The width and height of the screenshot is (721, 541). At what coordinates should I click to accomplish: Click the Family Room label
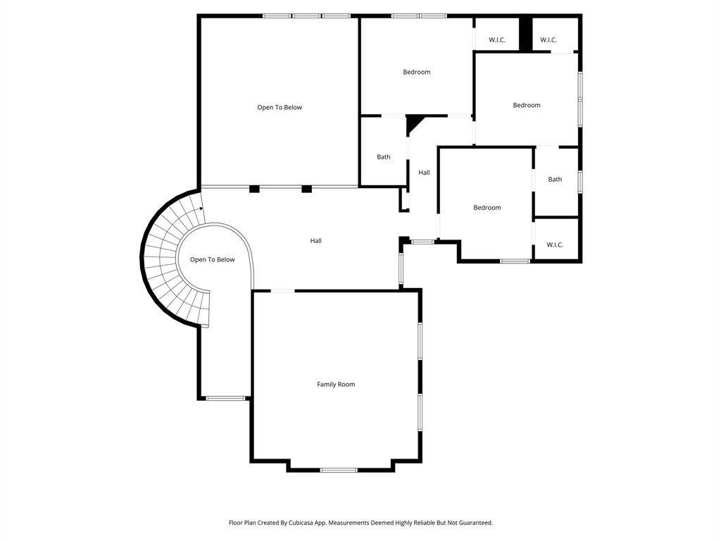tap(336, 384)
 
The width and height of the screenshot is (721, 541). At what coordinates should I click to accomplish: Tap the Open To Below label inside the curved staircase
tap(212, 259)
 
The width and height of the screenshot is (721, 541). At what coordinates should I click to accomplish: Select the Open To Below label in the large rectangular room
tap(279, 107)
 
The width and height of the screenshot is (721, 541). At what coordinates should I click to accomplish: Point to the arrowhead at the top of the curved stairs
tap(201, 209)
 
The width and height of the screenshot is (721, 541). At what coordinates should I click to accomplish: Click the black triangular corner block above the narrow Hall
tap(413, 123)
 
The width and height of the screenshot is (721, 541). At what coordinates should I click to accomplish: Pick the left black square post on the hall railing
tap(254, 189)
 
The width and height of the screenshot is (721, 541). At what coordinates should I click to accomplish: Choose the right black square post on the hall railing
tap(307, 189)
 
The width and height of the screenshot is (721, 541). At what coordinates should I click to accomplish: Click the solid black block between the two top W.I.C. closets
tap(525, 34)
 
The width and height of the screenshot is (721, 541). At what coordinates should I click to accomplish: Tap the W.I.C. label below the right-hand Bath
tap(555, 244)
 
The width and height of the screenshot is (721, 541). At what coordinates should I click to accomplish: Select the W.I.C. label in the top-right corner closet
tap(548, 39)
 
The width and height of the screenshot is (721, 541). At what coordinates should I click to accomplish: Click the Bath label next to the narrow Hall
tap(384, 157)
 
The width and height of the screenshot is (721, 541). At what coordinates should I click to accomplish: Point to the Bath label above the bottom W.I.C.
tap(555, 179)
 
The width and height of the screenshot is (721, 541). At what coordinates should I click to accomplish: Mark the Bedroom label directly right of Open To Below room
tap(417, 72)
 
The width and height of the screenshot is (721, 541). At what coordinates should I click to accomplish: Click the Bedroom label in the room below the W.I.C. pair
tap(527, 105)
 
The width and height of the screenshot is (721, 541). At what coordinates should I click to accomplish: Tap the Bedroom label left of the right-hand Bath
tap(487, 208)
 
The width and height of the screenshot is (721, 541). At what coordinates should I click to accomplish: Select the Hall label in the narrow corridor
tap(424, 173)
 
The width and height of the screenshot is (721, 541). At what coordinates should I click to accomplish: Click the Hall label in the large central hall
tap(315, 241)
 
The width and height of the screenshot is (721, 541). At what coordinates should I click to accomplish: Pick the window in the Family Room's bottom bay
tap(339, 470)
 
